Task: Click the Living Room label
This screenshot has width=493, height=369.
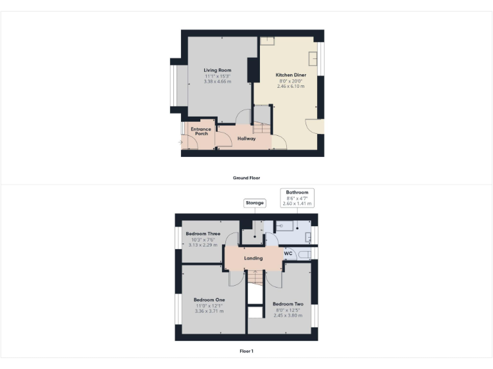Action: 218,70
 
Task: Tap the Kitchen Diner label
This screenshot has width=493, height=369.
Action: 291,75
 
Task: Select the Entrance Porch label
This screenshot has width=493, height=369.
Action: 201,131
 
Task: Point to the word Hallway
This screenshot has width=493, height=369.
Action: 246,138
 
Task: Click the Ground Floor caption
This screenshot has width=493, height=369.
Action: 246,177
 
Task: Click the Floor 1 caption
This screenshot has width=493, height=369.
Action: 246,351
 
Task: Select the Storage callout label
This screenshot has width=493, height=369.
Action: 254,203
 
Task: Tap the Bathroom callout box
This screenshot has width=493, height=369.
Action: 297,197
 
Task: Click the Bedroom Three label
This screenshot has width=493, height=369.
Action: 203,234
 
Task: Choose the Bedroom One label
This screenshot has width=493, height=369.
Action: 209,299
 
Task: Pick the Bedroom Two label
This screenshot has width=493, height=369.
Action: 288,304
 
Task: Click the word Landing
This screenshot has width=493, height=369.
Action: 254,258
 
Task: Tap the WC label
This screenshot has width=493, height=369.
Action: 288,254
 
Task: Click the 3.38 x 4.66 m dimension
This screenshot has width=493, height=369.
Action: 218,81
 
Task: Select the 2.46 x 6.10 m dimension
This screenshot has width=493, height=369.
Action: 291,86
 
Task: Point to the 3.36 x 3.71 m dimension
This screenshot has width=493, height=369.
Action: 209,311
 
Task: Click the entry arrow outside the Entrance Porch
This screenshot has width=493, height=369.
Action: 180,142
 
